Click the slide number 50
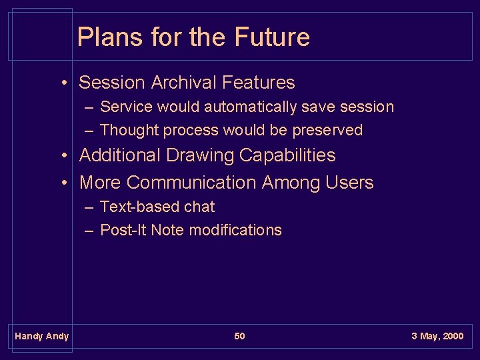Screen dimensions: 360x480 [x=239, y=336]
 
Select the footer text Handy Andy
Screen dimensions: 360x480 [x=41, y=336]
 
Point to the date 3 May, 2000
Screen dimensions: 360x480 [x=437, y=336]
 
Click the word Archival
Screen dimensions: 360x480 [x=184, y=83]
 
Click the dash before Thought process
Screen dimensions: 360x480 [x=89, y=130]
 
